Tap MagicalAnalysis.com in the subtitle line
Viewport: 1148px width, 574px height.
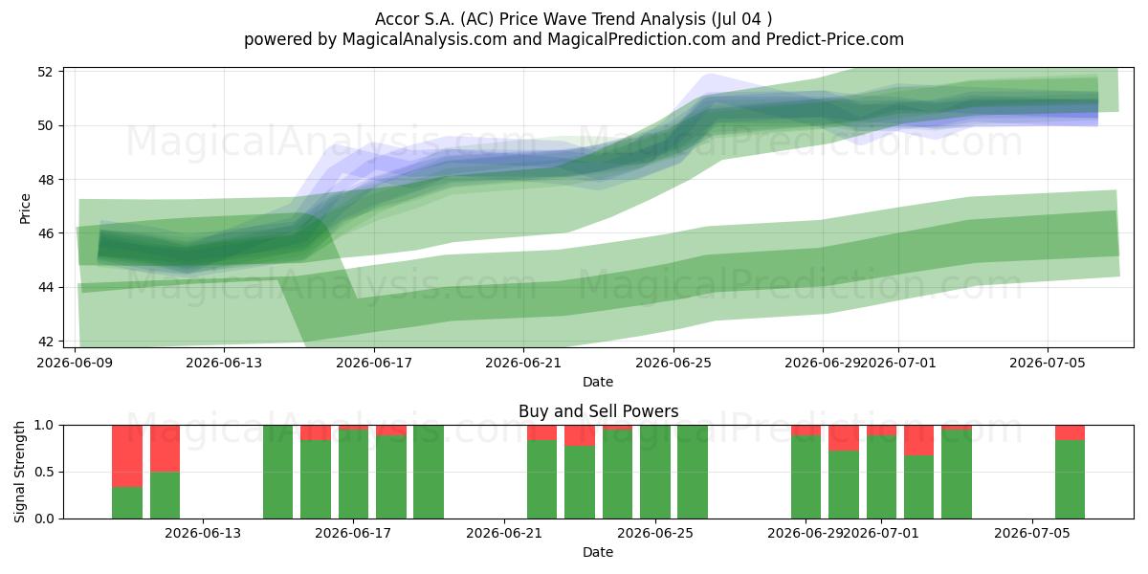tap(425, 39)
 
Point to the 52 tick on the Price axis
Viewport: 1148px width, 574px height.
tap(45, 72)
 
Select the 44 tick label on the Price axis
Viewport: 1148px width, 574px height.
tap(45, 287)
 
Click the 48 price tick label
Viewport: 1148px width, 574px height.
tap(45, 180)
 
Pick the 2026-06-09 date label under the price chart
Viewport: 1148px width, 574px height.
tap(75, 363)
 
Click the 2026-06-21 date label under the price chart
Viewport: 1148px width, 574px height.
tap(523, 363)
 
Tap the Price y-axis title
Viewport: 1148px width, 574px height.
tap(25, 209)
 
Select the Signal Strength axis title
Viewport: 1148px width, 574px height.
tap(19, 472)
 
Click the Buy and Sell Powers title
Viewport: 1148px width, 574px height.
tap(598, 411)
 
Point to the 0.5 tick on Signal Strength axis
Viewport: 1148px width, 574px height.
tap(44, 472)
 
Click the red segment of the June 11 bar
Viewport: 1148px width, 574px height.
tap(127, 456)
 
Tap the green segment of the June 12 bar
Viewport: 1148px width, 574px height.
tap(165, 496)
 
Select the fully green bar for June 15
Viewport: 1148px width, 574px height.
tap(277, 472)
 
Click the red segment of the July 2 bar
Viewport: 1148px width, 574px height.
tap(919, 440)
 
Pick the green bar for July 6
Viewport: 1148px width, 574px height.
tap(1070, 479)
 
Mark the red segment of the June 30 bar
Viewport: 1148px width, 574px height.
tap(844, 438)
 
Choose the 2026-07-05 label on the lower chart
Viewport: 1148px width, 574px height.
tap(1032, 534)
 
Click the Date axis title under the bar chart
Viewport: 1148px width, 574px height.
tap(598, 552)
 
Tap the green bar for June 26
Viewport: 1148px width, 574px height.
tap(693, 472)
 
